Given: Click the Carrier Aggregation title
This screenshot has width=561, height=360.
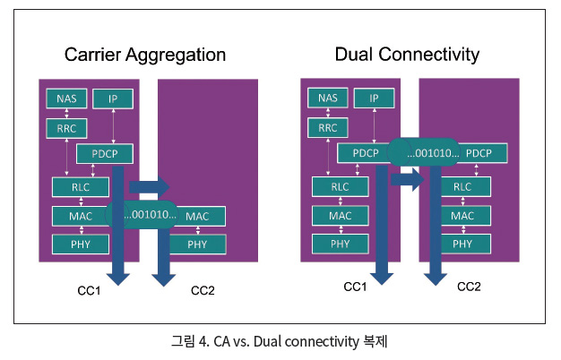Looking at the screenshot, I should coord(145,56).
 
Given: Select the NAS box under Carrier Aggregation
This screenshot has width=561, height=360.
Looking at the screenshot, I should coord(65,99).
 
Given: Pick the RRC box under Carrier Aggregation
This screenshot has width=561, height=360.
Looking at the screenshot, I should coord(65,128).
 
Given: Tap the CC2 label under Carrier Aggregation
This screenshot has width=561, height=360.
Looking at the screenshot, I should coord(203,291).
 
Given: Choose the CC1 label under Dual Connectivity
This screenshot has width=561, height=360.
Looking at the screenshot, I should coord(357,287).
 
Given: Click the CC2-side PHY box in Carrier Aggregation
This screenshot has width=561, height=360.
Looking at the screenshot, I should coord(197,244).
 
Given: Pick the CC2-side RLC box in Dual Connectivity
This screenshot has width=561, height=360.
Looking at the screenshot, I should coord(462,187).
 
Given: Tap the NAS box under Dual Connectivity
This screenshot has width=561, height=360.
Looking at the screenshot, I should coord(327,99).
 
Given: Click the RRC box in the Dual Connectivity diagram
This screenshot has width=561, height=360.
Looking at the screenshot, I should coord(327,128).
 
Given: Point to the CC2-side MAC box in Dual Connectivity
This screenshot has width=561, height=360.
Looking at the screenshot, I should coord(462,216).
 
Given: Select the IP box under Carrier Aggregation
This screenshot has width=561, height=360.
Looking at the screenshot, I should coord(113,99).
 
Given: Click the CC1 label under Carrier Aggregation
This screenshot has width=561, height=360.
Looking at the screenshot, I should coord(88,291).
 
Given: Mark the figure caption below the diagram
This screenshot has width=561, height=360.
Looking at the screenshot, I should coord(280,341).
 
